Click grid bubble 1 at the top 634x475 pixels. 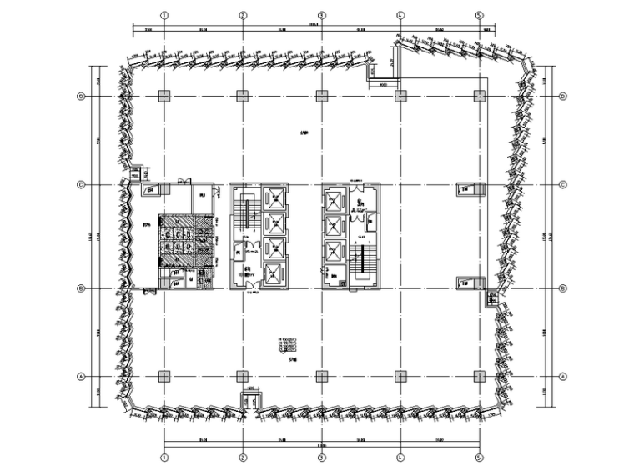[164, 15]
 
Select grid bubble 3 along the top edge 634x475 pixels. [322, 15]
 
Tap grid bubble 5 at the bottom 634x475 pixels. [479, 457]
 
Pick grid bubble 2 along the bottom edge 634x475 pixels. [243, 457]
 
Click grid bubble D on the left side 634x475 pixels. [81, 96]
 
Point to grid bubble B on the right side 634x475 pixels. [563, 288]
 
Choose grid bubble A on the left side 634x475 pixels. [81, 376]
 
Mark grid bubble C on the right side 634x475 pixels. [563, 184]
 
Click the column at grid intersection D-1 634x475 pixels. [164, 96]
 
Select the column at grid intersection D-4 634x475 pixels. [400, 96]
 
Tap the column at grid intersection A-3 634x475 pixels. [322, 376]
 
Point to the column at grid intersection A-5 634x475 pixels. [479, 376]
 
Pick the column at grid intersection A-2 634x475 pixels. [243, 376]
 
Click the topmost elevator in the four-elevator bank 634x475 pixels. [274, 198]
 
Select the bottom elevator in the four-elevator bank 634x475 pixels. [274, 273]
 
